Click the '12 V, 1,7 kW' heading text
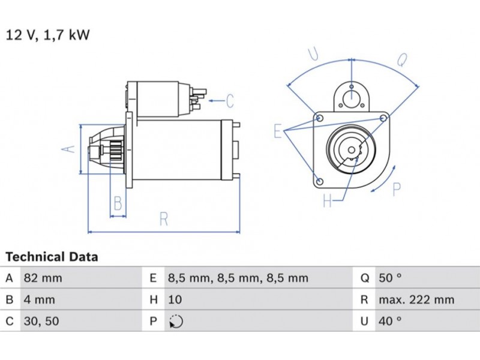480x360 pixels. pos(47,35)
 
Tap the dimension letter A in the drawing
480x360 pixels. pos(70,148)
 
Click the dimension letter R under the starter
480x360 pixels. pos(163,220)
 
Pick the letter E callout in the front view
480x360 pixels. pos(278,130)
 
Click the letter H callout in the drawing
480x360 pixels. pos(327,201)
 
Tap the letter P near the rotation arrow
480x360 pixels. pos(396,189)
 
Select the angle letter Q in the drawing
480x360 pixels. pos(403,59)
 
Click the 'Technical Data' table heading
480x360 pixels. pos(52,257)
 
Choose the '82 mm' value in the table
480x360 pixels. pos(43,278)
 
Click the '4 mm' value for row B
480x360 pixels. pos(39,299)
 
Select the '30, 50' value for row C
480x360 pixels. pos(41,321)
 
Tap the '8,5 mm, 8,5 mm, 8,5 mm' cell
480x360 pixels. pos(238,278)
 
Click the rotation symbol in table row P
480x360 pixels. pos(175,321)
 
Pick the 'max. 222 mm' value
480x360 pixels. pos(416,299)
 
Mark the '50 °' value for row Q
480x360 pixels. pos(390,278)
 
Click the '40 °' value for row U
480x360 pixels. pos(390,321)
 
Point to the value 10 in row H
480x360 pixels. pos(175,299)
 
